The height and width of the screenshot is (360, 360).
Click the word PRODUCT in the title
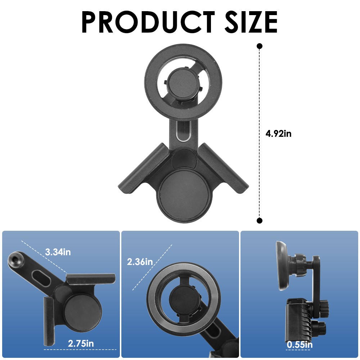(148, 22)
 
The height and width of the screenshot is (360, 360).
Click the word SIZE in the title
(251, 22)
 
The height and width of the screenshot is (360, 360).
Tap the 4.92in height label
(278, 134)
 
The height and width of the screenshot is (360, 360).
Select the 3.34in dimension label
(58, 252)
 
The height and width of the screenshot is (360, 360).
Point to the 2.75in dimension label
(81, 343)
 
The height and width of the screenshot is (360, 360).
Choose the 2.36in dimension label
(140, 261)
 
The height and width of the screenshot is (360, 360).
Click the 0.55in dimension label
(300, 345)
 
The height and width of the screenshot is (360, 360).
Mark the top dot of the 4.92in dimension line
(260, 46)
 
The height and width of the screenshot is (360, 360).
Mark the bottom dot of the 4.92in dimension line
(260, 221)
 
